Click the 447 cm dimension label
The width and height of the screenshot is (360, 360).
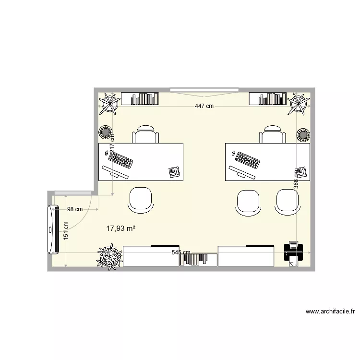[x=204, y=107]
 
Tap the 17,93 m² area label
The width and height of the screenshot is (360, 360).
[x=120, y=228]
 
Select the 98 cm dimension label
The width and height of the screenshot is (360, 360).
[x=75, y=209]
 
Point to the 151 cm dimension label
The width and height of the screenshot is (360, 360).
[x=66, y=230]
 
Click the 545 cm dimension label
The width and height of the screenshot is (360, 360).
[x=181, y=252]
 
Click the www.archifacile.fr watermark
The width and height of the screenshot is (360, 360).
[x=330, y=312]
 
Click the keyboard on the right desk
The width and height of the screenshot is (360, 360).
[x=248, y=160]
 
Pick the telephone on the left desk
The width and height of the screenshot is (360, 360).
[x=174, y=172]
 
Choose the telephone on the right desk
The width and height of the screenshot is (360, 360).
[x=300, y=172]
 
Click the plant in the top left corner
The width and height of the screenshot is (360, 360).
[x=109, y=104]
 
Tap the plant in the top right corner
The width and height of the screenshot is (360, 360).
[x=299, y=104]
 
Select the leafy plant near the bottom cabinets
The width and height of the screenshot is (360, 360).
[x=109, y=257]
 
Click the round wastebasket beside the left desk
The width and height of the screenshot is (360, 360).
[x=106, y=132]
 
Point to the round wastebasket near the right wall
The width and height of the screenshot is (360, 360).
[x=303, y=134]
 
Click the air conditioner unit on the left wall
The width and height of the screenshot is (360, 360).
[x=52, y=229]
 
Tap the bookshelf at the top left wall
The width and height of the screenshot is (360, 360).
[x=140, y=99]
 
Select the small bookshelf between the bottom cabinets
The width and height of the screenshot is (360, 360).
[x=198, y=260]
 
